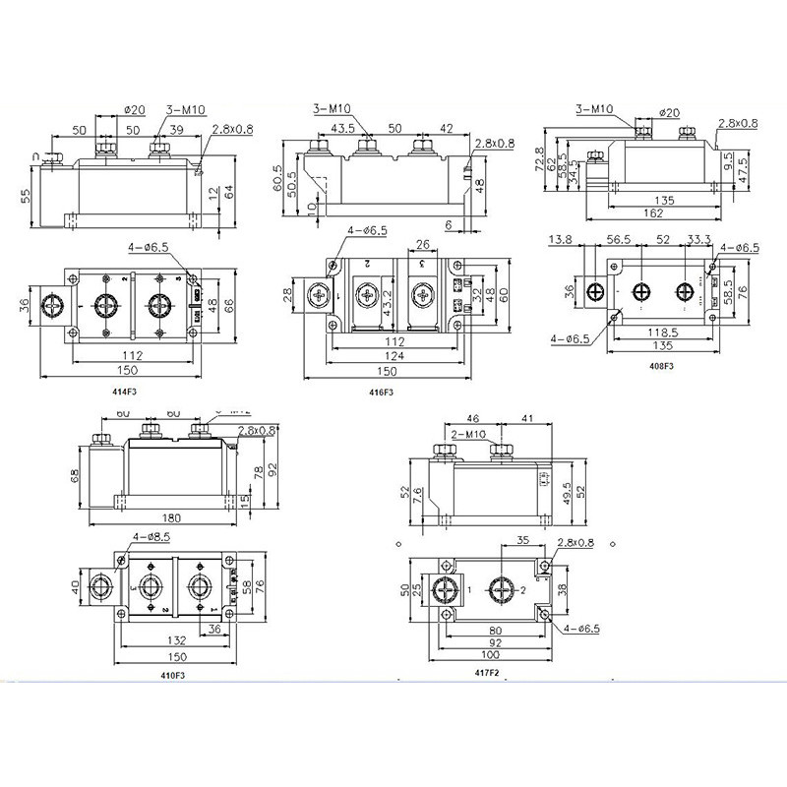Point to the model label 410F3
tap(172, 675)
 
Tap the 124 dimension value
tap(391, 356)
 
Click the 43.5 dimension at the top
tap(343, 129)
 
